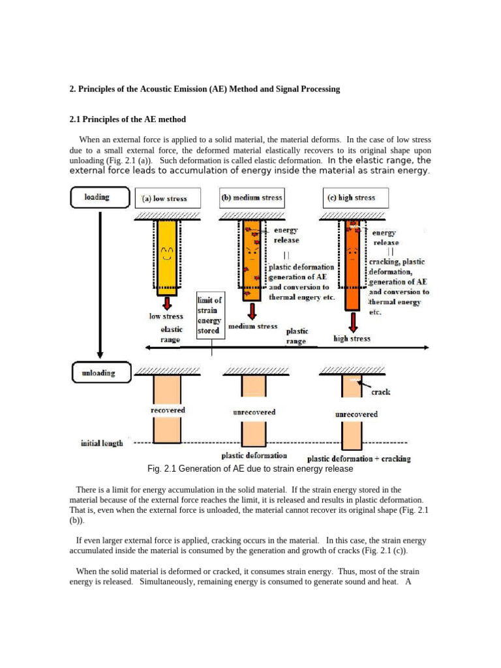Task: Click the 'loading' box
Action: pos(98,197)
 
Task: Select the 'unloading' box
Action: pos(99,373)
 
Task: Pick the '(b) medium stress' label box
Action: pos(252,198)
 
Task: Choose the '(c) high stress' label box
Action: pos(356,198)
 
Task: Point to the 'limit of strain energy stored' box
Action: pos(210,316)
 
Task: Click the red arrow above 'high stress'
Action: pos(353,322)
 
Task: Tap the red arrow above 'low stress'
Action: pos(167,303)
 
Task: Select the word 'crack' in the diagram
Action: pos(381,393)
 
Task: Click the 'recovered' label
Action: pos(168,410)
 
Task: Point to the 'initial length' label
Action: pos(102,444)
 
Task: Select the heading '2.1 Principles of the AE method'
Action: pos(127,119)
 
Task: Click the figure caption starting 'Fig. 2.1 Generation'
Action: pos(250,469)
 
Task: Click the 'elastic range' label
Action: pos(171,335)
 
